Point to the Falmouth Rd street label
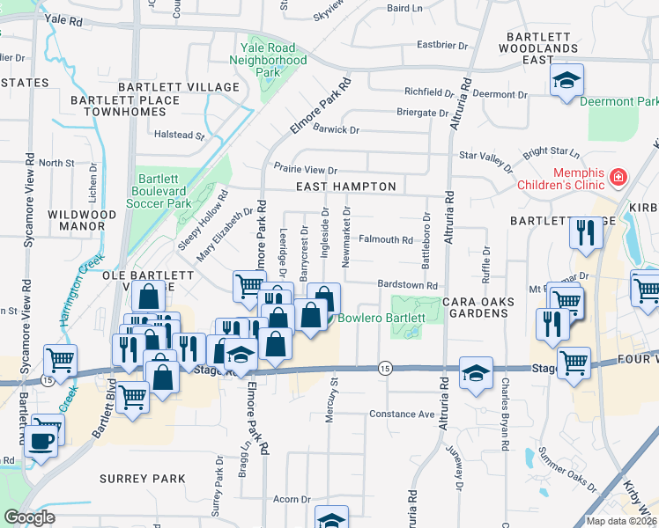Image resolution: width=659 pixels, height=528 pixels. click(386, 239)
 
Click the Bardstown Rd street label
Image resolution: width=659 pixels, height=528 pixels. click(407, 286)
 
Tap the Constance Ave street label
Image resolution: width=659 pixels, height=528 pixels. click(402, 414)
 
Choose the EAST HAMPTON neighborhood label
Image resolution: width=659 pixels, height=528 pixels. click(345, 187)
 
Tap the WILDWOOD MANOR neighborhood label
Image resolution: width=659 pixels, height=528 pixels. click(82, 221)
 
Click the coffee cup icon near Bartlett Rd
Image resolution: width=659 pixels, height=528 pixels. click(41, 440)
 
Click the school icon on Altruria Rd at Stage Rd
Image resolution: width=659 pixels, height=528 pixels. click(476, 372)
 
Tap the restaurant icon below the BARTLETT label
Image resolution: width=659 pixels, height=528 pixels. click(583, 232)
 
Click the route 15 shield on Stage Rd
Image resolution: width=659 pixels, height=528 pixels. click(384, 366)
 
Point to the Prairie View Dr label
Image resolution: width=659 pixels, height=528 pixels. click(306, 170)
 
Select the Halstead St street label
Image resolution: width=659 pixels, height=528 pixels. click(186, 136)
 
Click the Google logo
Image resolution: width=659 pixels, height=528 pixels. click(29, 517)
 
